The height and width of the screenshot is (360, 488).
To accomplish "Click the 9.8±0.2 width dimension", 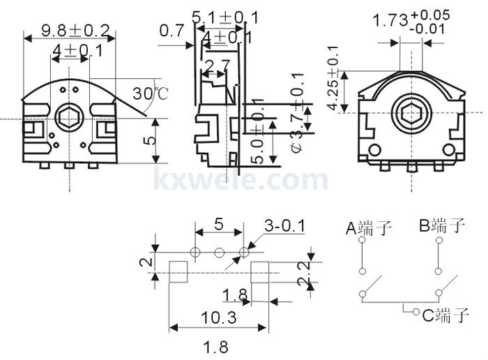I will (76, 30).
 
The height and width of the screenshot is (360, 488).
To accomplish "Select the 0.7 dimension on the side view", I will (171, 31).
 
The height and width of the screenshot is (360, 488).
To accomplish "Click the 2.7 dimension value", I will (216, 67).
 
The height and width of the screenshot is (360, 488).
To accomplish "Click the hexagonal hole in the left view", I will (69, 119).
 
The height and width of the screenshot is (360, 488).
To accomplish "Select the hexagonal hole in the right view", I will (411, 115).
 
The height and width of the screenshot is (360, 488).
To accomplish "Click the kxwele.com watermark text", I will (241, 179).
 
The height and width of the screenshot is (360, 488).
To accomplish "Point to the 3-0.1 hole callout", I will (284, 226).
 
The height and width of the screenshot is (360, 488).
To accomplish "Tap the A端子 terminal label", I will (369, 227).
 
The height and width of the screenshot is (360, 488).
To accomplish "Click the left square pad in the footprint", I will (179, 271).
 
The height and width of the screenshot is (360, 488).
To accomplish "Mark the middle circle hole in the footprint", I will (220, 252).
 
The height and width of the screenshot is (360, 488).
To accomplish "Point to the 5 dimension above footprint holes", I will (218, 225).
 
